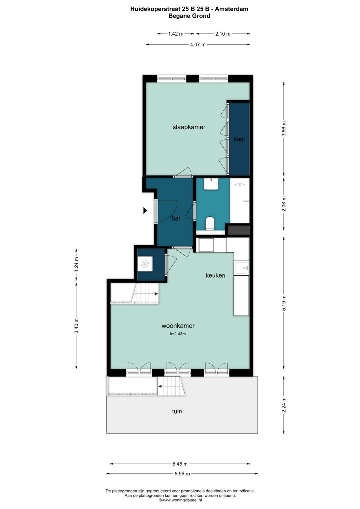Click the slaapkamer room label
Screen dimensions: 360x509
189,127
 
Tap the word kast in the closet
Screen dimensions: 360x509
239,139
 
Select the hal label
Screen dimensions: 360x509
176,218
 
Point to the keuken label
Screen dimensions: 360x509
215,275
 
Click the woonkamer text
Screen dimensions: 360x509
178,326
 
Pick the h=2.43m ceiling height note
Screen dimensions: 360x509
178,334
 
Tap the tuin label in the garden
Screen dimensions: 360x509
177,411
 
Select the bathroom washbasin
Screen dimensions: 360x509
211,184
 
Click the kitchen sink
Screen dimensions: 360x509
242,267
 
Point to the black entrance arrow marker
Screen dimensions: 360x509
145,211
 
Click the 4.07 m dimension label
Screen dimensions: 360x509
198,45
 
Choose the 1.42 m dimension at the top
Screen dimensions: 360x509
176,34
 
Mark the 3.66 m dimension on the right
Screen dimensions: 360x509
284,129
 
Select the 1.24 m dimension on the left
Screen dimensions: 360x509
76,264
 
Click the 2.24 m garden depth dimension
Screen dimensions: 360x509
284,405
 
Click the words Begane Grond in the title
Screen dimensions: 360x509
189,16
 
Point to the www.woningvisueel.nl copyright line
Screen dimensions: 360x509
180,500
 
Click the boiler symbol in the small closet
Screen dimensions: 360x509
145,264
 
